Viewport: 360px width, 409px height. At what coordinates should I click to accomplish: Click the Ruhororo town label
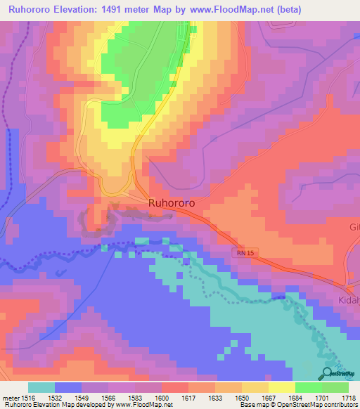click(x=172, y=202)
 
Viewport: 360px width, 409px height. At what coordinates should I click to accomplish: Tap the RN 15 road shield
click(x=243, y=251)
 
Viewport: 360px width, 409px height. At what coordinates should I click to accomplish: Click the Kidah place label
click(x=350, y=301)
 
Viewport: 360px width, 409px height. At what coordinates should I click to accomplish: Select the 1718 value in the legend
click(x=349, y=397)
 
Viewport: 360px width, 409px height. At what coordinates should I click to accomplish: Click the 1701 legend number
click(x=323, y=397)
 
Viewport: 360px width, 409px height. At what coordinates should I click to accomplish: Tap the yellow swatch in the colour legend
click(x=281, y=387)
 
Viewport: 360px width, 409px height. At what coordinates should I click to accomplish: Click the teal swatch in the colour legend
click(x=41, y=387)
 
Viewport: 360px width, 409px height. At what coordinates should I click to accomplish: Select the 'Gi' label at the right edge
click(x=354, y=227)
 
